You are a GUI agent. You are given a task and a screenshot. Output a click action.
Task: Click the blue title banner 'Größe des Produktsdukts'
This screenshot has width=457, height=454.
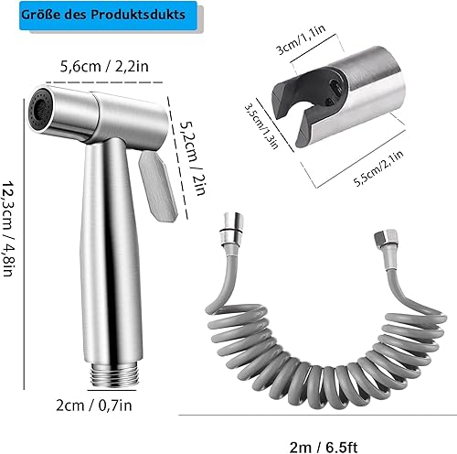pos(108,16)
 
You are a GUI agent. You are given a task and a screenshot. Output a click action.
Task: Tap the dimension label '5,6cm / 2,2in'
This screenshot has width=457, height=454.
pos(104,67)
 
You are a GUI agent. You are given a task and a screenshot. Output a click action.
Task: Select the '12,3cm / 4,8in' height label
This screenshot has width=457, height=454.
pos(8,229)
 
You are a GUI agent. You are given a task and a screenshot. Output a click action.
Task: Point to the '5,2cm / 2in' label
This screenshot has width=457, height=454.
pos(193,157)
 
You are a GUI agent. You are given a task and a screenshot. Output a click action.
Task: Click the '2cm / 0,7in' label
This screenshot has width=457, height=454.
pos(94,405)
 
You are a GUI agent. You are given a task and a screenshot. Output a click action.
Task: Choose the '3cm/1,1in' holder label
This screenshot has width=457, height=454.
pos(301,39)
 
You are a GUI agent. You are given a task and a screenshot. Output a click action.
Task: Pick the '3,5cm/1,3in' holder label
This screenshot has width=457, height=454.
pos(261,125)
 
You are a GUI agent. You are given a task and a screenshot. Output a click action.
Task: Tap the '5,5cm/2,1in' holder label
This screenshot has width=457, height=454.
pos(378,168)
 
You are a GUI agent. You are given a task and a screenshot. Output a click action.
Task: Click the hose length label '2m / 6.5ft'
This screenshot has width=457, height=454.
pos(324,448)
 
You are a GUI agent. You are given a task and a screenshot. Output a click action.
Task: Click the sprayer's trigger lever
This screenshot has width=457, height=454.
pos(157,187)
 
